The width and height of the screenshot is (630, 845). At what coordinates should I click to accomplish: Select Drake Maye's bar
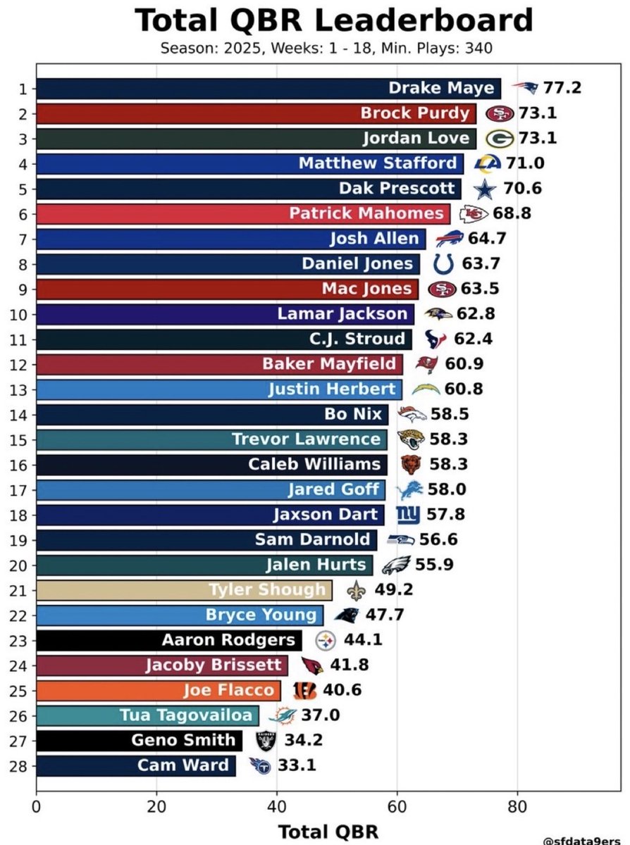268,89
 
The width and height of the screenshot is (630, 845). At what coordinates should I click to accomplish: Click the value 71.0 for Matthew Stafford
520,163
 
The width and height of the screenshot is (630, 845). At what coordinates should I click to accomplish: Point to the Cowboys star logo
483,189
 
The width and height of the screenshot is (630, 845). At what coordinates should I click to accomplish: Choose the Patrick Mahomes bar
243,213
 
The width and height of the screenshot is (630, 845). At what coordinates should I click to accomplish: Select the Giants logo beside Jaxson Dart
408,515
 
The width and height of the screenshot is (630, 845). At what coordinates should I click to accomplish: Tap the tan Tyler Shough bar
183,590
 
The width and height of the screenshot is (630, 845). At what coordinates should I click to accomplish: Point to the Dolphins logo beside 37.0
283,716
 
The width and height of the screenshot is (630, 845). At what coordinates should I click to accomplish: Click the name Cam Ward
183,765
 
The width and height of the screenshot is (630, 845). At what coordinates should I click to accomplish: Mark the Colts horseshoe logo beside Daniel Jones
443,264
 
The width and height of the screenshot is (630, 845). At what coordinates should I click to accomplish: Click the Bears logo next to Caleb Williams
411,465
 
